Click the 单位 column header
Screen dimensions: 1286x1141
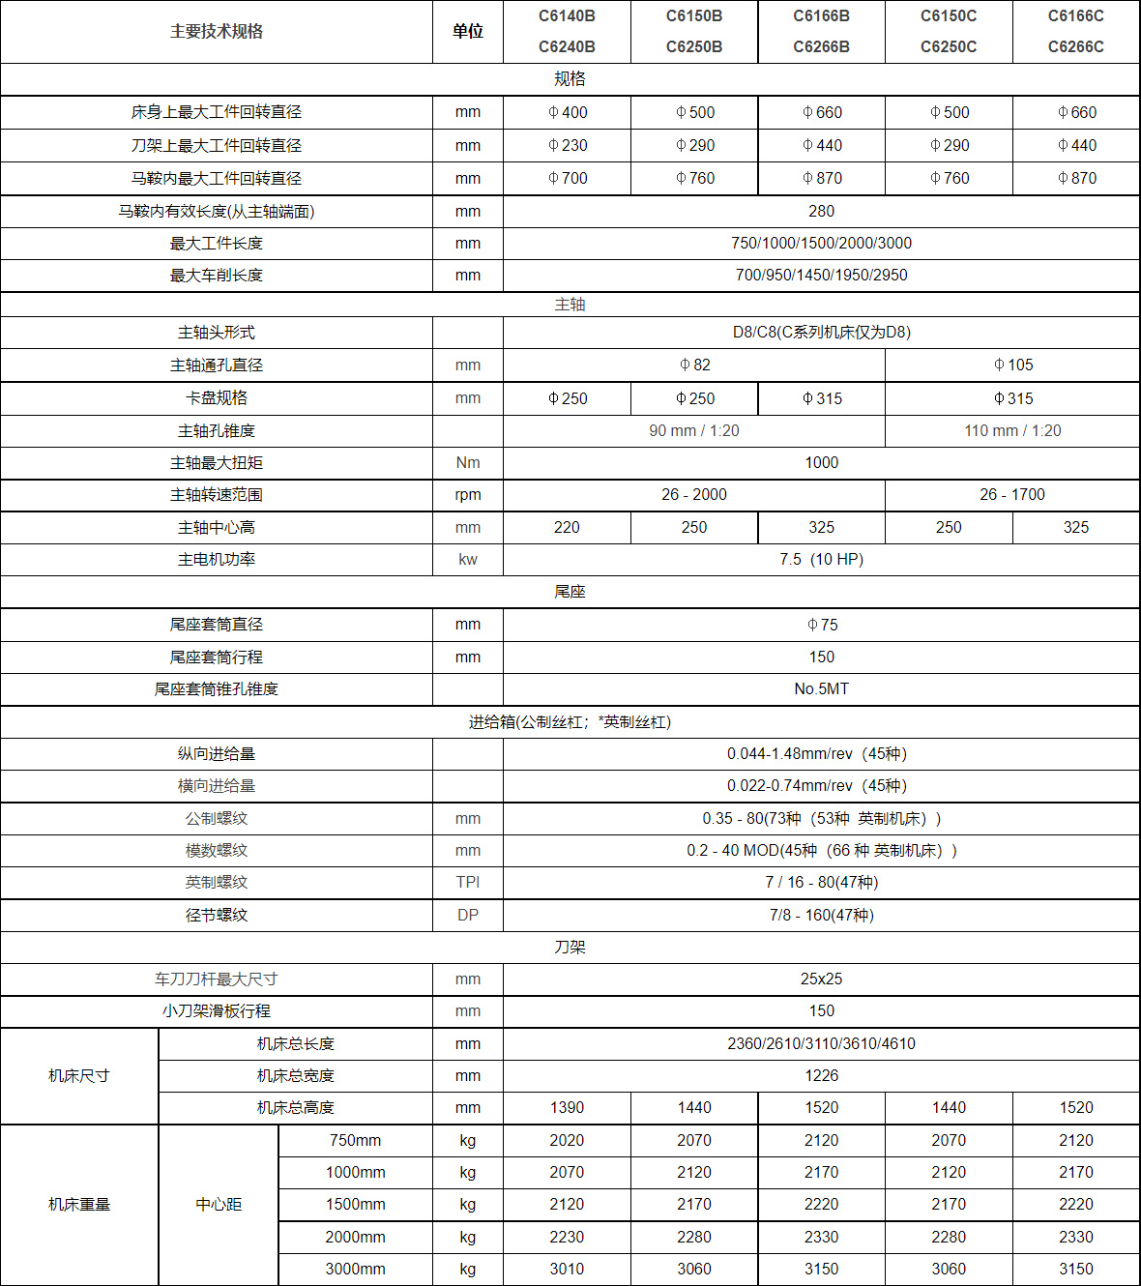[x=468, y=32]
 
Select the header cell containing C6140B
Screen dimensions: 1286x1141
[x=567, y=16]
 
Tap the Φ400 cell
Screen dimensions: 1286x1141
[x=568, y=112]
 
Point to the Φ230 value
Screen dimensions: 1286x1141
[x=568, y=145]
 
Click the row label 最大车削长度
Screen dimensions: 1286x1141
[x=217, y=276]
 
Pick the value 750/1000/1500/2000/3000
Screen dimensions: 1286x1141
[x=821, y=244]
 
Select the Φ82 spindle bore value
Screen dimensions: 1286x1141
[x=694, y=365]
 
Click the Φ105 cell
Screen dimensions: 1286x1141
[x=1012, y=365]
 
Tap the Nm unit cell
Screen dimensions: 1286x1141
[x=468, y=463]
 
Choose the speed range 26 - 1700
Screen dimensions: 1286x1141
[x=1012, y=495]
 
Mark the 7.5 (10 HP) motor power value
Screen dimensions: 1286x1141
[x=821, y=560]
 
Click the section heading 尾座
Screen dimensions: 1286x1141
[x=570, y=592]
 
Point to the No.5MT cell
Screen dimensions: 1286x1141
[x=821, y=689]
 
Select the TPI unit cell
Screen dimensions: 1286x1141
[x=468, y=883]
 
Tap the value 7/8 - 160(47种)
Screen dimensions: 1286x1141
[x=821, y=915]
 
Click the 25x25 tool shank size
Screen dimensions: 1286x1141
[x=821, y=979]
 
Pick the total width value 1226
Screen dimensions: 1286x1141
[x=821, y=1076]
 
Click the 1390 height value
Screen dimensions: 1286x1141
[x=567, y=1108]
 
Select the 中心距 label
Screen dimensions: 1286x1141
[x=219, y=1205]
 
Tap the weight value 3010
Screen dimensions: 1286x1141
[x=567, y=1270]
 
